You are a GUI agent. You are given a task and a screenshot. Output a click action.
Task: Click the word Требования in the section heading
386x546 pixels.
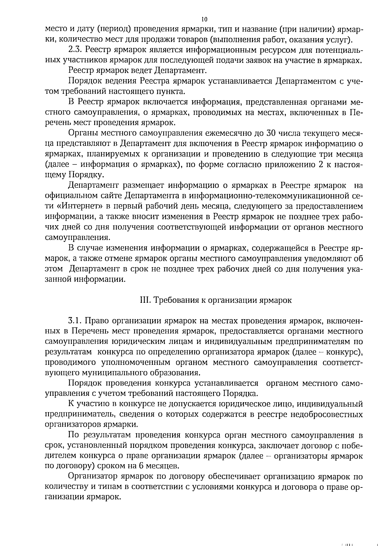(176, 300)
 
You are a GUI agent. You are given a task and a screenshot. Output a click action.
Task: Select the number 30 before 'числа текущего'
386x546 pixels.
(270, 133)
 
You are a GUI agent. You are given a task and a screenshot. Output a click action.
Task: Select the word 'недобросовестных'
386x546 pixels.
(326, 414)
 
